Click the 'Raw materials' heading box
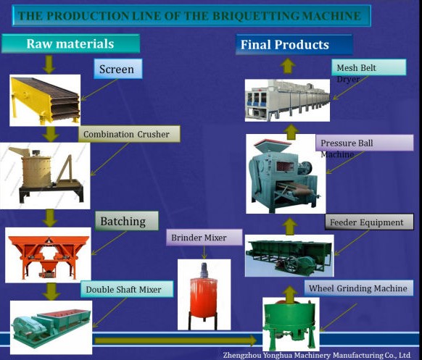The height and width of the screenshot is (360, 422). pos(70,43)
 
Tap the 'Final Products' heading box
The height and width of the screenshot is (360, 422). pos(294,45)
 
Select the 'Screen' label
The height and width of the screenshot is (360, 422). pos(118,69)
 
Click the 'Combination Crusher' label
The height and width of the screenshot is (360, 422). pos(129,134)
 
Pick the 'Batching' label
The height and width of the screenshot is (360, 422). pos(126,221)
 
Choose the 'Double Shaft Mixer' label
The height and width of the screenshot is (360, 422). pos(127,289)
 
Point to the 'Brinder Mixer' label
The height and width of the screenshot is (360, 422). pos(204,238)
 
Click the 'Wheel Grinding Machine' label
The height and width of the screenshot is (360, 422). pos(359,288)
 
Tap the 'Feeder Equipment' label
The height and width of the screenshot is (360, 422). pos(369,222)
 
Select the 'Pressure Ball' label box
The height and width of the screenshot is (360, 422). pos(365,143)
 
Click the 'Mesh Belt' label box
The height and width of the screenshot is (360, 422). pos(369,67)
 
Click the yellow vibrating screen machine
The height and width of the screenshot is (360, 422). pos(45,100)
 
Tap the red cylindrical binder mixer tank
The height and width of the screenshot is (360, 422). pos(204,296)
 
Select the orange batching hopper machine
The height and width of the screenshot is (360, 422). pos(48,255)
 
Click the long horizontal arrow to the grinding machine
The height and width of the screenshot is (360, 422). pos(175,341)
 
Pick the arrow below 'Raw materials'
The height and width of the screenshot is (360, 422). pos(49,64)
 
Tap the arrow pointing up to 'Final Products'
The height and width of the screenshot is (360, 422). pos(287,66)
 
